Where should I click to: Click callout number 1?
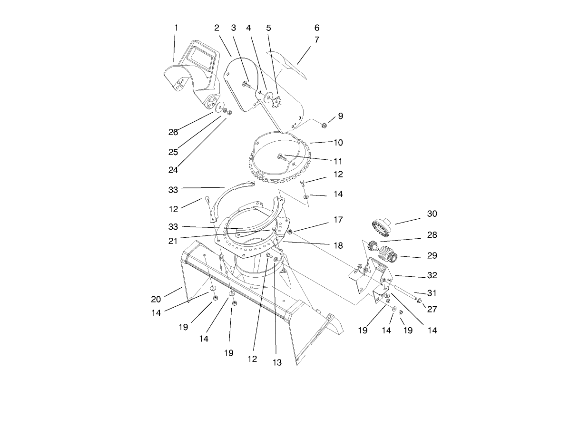pyautogui.click(x=176, y=28)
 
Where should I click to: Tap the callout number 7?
pyautogui.click(x=317, y=40)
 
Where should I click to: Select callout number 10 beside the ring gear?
pyautogui.click(x=338, y=142)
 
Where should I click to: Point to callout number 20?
pyautogui.click(x=156, y=299)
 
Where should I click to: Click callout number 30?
pyautogui.click(x=432, y=214)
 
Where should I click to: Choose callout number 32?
pyautogui.click(x=432, y=275)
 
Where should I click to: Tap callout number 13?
pyautogui.click(x=277, y=362)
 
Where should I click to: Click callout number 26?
pyautogui.click(x=173, y=132)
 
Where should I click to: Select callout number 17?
pyautogui.click(x=338, y=220)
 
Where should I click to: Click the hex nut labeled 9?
pyautogui.click(x=324, y=126)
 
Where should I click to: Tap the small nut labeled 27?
pyautogui.click(x=419, y=301)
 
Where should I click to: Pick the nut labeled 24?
pyautogui.click(x=228, y=113)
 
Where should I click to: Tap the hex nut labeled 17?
pyautogui.click(x=289, y=232)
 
